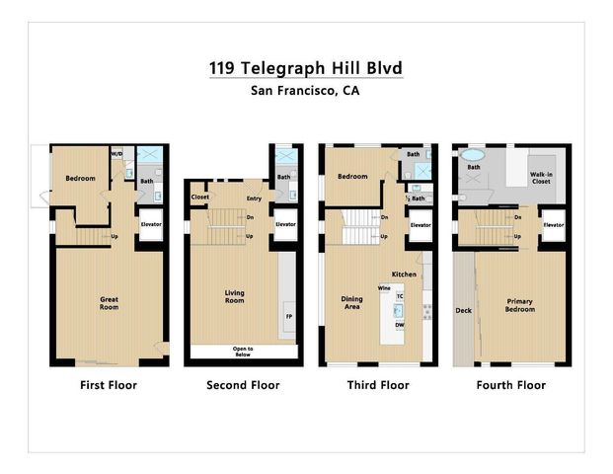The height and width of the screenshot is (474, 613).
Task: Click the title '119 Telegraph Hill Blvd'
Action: (306, 68)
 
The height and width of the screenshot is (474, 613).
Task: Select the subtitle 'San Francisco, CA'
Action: (306, 91)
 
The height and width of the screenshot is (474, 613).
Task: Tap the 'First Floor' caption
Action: (109, 385)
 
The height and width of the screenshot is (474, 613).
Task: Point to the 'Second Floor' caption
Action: (243, 385)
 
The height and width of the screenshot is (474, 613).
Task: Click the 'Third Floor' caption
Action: (377, 385)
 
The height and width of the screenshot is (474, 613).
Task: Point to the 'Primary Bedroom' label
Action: (519, 305)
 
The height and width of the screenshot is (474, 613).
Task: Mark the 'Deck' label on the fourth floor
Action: (463, 311)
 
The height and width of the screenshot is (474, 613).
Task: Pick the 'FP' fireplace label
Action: (289, 317)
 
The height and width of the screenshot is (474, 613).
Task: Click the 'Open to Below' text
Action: (242, 351)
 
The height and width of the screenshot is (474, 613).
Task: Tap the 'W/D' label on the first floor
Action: (116, 154)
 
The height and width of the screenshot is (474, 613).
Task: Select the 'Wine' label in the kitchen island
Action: (384, 288)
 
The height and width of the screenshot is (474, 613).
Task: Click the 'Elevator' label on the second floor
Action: (285, 224)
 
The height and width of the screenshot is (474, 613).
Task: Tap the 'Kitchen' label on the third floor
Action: (403, 274)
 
